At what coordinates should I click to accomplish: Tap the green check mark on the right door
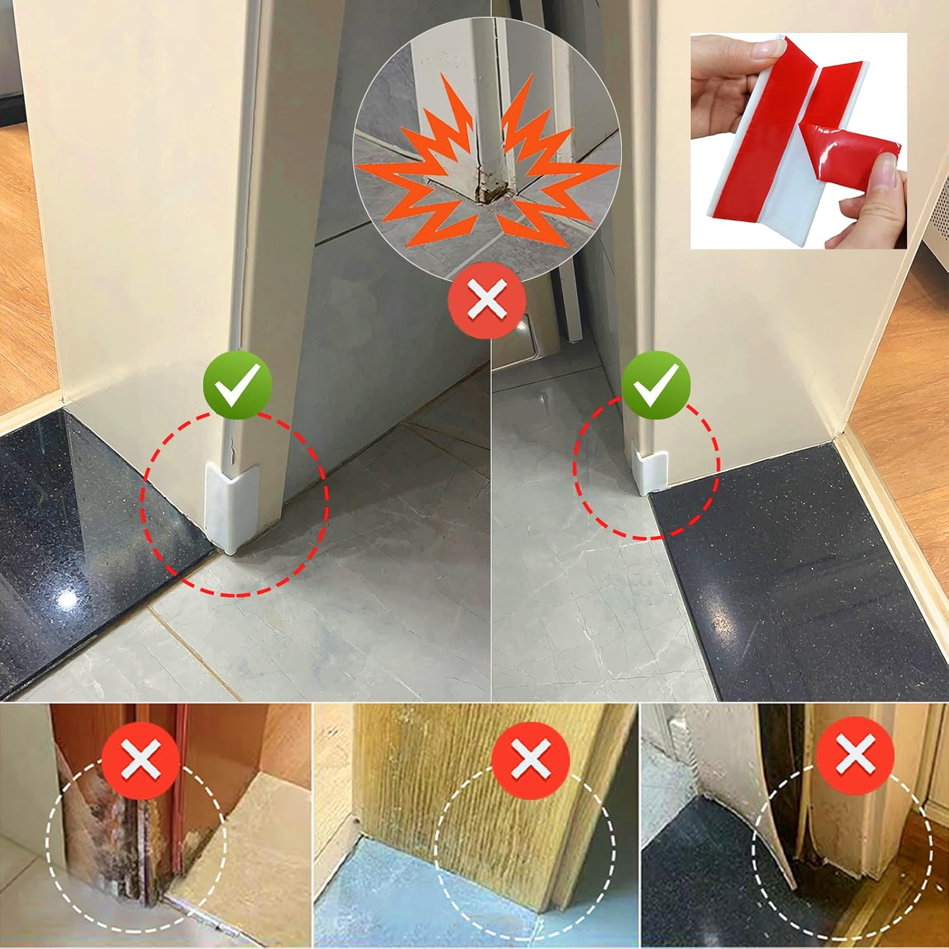(x=656, y=385)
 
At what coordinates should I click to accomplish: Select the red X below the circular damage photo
(x=487, y=300)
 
